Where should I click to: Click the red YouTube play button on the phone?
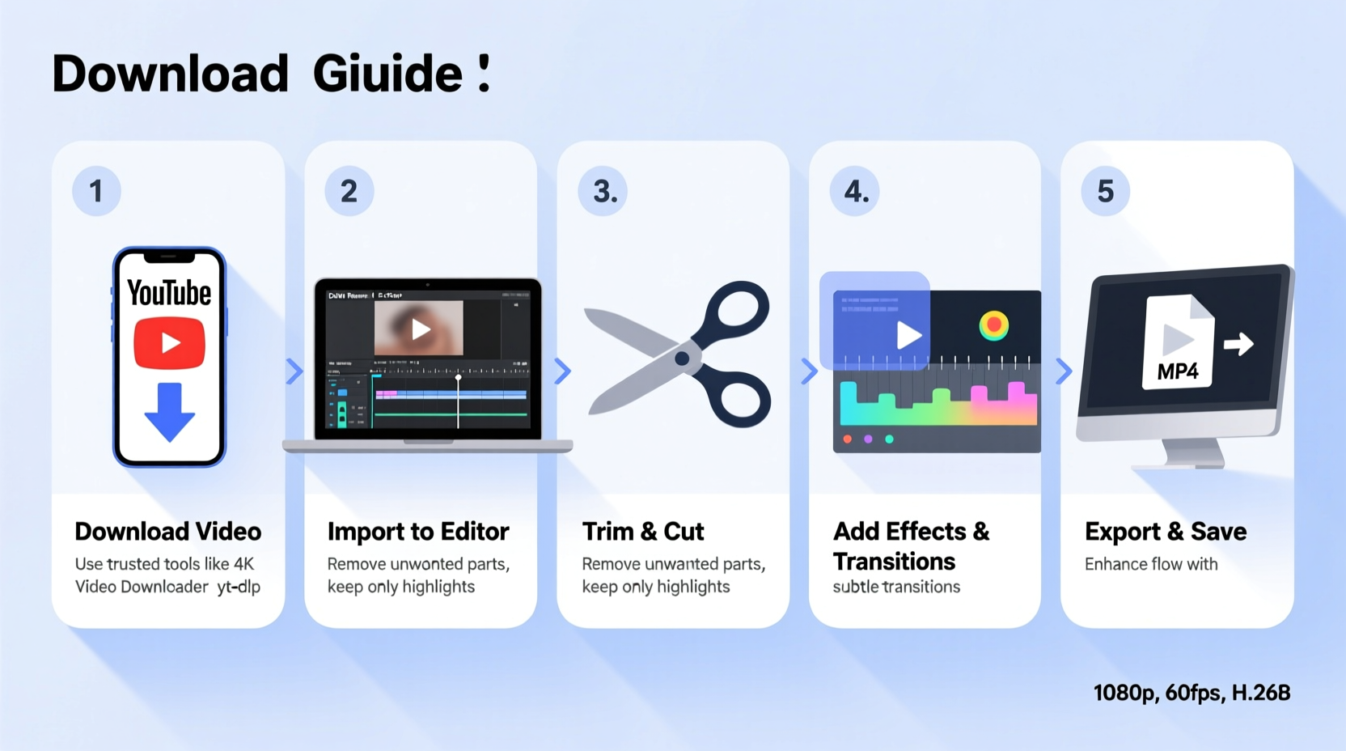tap(169, 343)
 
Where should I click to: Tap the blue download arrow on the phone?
tap(169, 412)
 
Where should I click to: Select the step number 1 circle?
tap(96, 191)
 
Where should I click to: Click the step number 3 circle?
tap(603, 191)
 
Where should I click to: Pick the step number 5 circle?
tap(1105, 191)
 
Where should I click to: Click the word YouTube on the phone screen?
tap(169, 293)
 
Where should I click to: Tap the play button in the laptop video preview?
tap(420, 329)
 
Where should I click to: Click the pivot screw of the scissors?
tap(682, 358)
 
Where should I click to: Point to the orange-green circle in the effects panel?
tap(993, 325)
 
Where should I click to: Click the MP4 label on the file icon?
tap(1177, 371)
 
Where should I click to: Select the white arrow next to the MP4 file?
tap(1238, 344)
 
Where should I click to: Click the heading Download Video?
tap(168, 532)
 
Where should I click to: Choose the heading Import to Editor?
tap(418, 532)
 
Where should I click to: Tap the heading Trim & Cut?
tap(643, 532)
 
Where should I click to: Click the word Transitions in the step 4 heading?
tap(894, 562)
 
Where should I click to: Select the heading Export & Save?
tap(1166, 532)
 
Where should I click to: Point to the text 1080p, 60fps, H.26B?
tap(1192, 693)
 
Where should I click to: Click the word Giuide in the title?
tap(387, 74)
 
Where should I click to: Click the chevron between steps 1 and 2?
tap(294, 371)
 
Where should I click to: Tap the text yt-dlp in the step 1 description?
tap(239, 587)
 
